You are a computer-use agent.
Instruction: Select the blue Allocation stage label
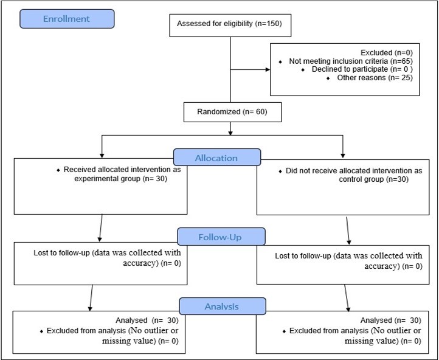pyautogui.click(x=216, y=157)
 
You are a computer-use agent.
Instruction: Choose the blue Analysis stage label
pyautogui.click(x=221, y=306)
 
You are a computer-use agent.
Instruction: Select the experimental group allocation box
pyautogui.click(x=99, y=186)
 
